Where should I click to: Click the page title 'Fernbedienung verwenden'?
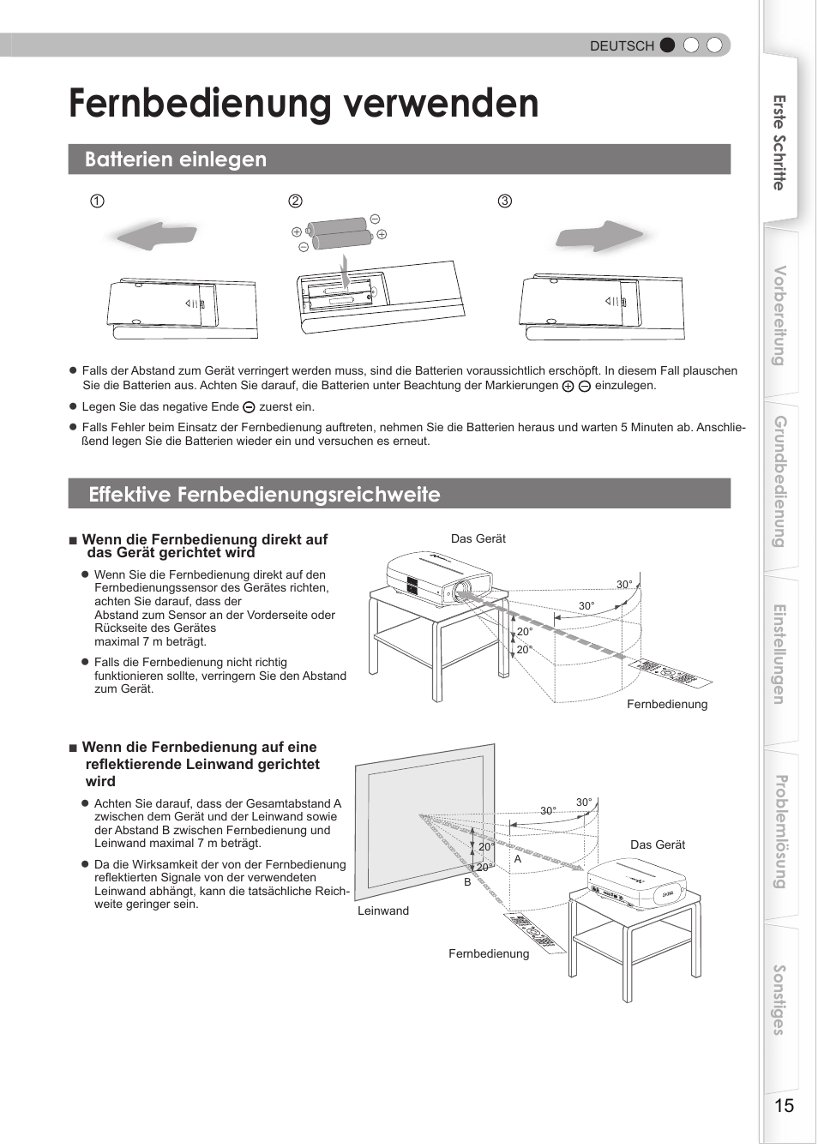click(x=304, y=104)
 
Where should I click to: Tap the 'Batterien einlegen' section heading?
click(x=176, y=159)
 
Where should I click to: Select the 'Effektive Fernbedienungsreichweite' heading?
click(x=264, y=495)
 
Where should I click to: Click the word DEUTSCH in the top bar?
click(x=622, y=46)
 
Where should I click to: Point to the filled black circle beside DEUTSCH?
click(x=668, y=45)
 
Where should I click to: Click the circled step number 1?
click(x=98, y=201)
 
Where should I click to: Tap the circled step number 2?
click(x=295, y=201)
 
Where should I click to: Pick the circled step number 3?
click(x=505, y=201)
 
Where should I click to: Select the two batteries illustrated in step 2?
click(x=341, y=233)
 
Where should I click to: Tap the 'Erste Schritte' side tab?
click(x=779, y=142)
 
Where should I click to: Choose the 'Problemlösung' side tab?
click(x=779, y=831)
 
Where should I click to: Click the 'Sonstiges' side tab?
click(x=779, y=1000)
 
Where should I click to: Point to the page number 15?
click(x=784, y=1106)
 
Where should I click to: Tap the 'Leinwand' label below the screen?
click(x=383, y=911)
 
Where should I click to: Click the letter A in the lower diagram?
click(x=518, y=859)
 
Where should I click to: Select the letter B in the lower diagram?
click(x=467, y=882)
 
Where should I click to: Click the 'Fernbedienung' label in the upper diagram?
click(x=667, y=705)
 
